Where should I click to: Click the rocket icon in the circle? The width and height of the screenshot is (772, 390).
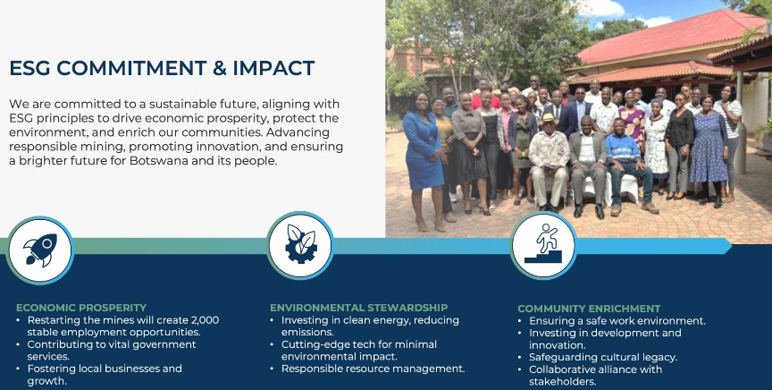40,250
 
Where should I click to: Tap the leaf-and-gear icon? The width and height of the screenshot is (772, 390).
301,244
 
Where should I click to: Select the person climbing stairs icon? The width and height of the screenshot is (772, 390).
543,243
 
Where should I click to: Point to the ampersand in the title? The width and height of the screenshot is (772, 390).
220,68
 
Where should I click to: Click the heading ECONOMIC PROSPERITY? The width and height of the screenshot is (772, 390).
81,308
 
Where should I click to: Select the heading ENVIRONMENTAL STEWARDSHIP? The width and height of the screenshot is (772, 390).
358,308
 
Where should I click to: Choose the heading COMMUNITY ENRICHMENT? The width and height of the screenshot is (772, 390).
589,309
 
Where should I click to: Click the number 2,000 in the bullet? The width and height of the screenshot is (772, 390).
206,320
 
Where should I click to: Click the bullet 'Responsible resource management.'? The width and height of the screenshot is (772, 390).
373,369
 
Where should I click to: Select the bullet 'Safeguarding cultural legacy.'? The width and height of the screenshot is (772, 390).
603,357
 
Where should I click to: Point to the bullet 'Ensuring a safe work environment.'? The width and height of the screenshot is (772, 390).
617,321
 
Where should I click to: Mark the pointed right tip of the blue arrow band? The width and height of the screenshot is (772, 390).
731,246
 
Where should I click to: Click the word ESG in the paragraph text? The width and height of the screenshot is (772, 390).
21,118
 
